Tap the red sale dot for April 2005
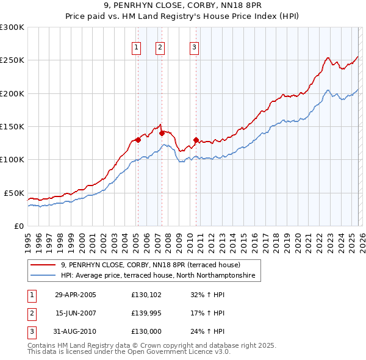coord(138,140)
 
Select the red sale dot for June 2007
coord(161,133)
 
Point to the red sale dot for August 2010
coord(196,140)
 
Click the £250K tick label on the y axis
coord(12,60)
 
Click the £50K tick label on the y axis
coord(14,193)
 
